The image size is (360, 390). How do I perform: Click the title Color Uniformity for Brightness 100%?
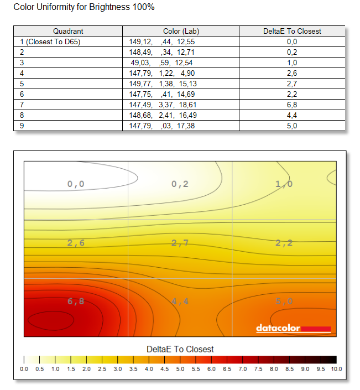84,8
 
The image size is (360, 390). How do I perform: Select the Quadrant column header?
69,31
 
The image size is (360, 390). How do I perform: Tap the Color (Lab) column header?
181,31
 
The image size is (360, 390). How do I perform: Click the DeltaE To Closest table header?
292,31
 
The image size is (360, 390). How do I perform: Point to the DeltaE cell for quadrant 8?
292,115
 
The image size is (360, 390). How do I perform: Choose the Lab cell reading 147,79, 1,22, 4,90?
163,73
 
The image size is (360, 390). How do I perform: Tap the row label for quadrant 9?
22,126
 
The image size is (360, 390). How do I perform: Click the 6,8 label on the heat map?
76,301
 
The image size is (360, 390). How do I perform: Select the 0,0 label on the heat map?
76,184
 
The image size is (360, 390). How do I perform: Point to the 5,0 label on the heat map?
284,301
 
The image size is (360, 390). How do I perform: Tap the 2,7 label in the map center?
180,243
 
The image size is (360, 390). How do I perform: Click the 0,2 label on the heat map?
180,184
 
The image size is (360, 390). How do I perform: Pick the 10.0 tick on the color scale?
336,369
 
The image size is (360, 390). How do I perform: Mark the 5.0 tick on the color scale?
180,369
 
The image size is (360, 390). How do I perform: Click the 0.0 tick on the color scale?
24,369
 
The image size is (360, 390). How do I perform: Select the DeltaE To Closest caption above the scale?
180,349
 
